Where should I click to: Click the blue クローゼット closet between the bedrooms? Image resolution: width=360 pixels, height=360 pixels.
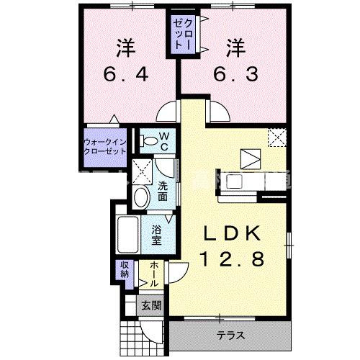tap(179, 34)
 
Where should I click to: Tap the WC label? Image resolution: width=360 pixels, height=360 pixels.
tap(163, 141)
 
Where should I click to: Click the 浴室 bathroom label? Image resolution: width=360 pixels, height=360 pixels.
tap(158, 235)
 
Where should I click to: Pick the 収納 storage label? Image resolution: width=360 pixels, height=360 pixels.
tap(124, 270)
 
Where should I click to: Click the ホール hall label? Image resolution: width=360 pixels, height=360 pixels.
tap(156, 274)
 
